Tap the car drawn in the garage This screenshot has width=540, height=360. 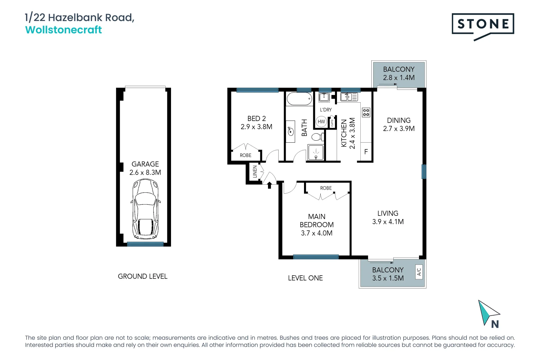[145, 209]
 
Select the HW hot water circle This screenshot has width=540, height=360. [321, 122]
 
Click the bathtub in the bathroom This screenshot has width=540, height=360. [299, 99]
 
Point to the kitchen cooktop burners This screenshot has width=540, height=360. [366, 112]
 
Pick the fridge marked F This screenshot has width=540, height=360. [366, 151]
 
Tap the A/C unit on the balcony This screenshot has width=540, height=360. [419, 272]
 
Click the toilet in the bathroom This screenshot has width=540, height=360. [318, 137]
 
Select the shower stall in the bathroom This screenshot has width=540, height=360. [316, 152]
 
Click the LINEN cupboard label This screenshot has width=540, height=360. [255, 171]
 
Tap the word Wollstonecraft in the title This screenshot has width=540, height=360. [63, 30]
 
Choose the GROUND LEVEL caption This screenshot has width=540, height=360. [142, 276]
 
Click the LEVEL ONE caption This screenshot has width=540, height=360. [305, 278]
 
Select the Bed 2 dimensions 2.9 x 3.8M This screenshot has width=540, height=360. [257, 127]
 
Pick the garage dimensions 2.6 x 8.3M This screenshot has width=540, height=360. [145, 172]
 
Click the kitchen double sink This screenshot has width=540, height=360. [349, 97]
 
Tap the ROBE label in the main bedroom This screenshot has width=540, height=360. [326, 188]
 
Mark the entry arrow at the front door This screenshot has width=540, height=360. [270, 185]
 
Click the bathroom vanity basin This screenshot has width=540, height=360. [290, 131]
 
